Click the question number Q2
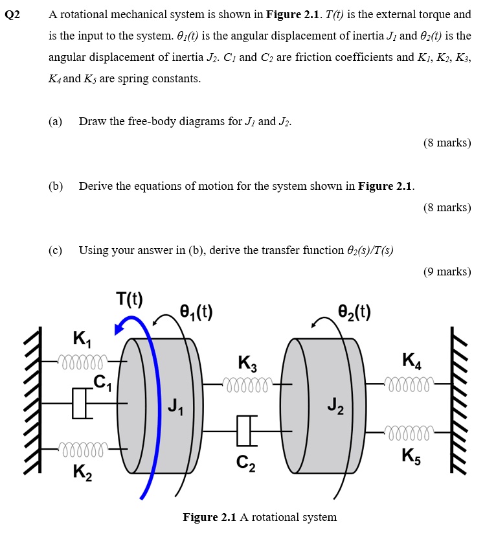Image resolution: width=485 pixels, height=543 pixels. [14, 14]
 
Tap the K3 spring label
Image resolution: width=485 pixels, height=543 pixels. [247, 364]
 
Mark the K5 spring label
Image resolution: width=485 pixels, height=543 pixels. [412, 456]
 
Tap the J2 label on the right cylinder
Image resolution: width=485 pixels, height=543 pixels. [335, 408]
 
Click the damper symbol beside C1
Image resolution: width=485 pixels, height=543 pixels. [80, 404]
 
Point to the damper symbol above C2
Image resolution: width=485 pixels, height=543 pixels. [244, 431]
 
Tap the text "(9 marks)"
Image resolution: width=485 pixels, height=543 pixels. [447, 271]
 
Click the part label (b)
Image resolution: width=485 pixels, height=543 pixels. [56, 187]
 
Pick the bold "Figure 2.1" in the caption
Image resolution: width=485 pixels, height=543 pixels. [210, 517]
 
